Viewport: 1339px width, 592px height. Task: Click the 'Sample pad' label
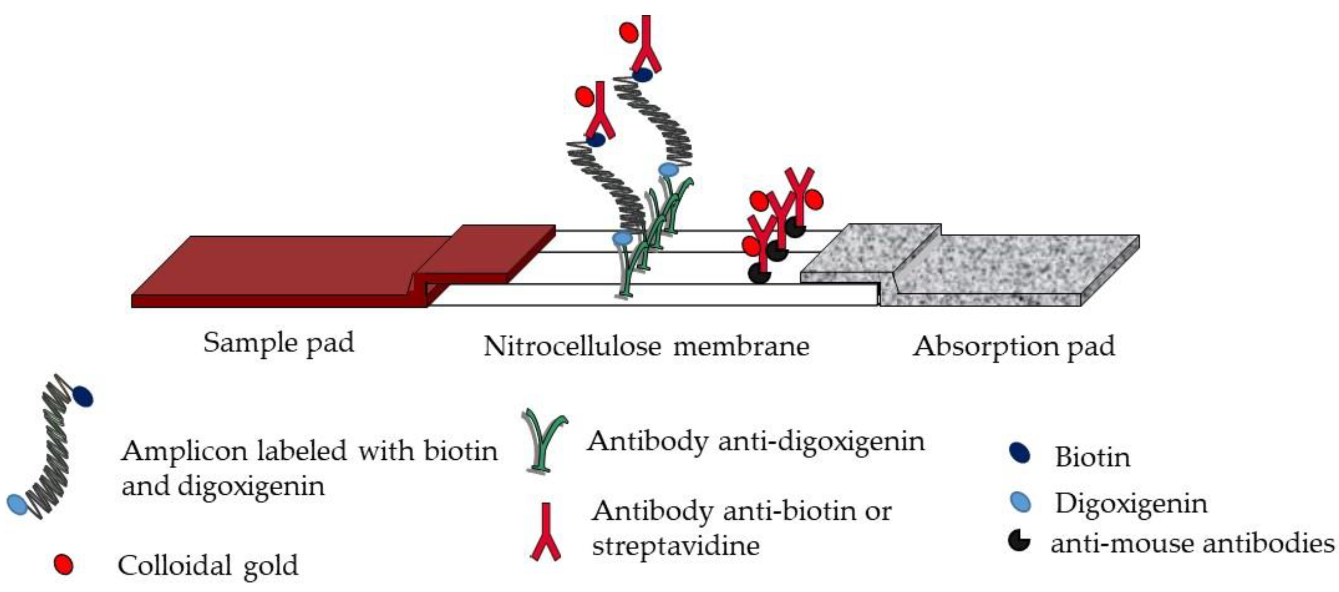(278, 343)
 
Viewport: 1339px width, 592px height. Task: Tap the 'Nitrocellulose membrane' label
(646, 346)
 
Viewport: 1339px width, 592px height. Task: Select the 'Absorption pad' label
(1014, 346)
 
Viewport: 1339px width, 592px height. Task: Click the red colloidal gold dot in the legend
(64, 565)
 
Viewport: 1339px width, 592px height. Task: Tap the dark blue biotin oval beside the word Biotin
(1019, 453)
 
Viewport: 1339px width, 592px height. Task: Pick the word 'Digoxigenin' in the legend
(1131, 504)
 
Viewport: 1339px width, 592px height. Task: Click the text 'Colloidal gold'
(208, 565)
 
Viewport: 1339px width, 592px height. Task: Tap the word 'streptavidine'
(676, 546)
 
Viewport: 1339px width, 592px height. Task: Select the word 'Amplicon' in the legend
(182, 451)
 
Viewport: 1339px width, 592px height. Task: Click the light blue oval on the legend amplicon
(17, 504)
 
